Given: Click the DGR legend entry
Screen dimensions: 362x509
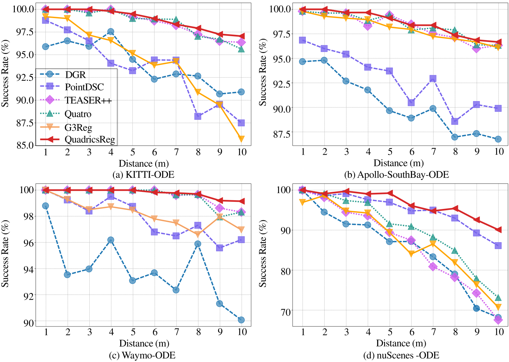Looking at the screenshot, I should coord(75,75).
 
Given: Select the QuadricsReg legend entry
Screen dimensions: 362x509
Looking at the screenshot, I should coord(90,140).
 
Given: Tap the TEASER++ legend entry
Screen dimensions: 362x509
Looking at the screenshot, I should coord(88,100).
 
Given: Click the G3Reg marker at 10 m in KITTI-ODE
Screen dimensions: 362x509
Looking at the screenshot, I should coord(241,139).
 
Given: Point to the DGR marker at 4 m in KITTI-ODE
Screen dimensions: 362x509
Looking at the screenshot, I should coord(111,32).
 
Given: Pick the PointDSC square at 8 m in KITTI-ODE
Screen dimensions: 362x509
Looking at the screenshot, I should coord(198,116).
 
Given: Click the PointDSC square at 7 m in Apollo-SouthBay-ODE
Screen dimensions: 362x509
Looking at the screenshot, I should coord(433,78).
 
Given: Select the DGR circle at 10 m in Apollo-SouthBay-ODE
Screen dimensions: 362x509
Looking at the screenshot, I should coord(498,139).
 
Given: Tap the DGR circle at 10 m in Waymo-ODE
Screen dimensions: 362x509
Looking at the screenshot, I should coord(241,320).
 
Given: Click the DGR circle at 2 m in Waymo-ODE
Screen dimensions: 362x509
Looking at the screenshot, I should coord(67,274).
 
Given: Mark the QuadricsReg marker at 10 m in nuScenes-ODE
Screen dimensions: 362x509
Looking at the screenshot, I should coord(498,230).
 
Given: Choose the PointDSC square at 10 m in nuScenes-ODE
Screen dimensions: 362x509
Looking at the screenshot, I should coord(498,246).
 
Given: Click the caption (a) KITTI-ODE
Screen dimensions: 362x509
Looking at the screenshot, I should coord(143,175).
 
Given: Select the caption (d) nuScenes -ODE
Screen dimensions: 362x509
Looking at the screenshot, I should coord(401,355).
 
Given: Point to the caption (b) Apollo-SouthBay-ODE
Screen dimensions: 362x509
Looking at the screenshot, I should coord(396,175).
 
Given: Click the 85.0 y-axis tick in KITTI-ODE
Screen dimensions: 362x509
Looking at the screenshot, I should coord(25,145).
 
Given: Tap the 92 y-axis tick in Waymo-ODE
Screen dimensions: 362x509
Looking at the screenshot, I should coord(29,296).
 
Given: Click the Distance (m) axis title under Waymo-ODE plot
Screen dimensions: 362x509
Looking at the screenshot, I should coord(144,343).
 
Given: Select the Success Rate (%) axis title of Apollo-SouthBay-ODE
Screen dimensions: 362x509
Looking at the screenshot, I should coord(263,72).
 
